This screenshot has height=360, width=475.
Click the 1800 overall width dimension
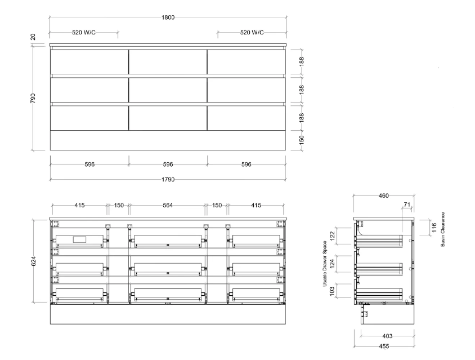coord(168,17)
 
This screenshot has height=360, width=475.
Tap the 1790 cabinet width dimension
coord(168,179)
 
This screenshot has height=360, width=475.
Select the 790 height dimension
coord(33,98)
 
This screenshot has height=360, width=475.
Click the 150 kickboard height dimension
coord(302,140)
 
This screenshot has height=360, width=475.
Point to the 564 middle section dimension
coord(168,205)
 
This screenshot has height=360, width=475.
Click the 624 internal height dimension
coord(33,261)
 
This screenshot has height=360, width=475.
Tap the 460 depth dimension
coord(383,195)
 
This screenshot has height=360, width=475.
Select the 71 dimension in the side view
coord(407,205)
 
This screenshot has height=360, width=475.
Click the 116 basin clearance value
coord(434,228)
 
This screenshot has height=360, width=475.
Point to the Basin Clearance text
coord(442,229)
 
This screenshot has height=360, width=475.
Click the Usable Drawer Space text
coord(325,264)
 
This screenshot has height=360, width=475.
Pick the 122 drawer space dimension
coord(332,235)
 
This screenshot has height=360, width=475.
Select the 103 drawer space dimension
coord(332,291)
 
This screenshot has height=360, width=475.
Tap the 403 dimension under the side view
coord(387,336)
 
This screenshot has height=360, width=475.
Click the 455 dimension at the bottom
coord(384,346)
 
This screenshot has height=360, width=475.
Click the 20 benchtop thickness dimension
coord(33,37)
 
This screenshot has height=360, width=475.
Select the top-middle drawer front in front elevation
coord(168,62)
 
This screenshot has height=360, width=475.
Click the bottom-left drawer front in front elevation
coord(89,118)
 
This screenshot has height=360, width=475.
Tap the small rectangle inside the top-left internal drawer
coord(79,239)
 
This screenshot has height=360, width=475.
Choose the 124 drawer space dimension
coord(332,263)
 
